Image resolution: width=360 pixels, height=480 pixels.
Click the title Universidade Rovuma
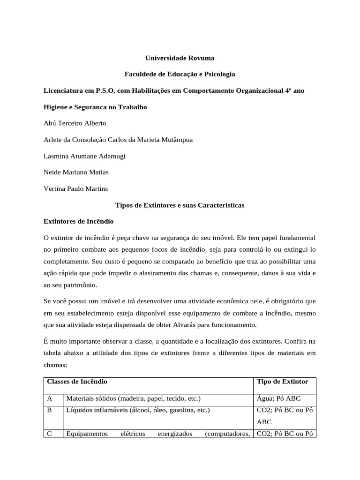[x=180, y=59]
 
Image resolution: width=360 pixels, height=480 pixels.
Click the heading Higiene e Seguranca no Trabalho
[x=95, y=107]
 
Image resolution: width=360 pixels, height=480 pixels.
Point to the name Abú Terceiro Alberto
[x=75, y=123]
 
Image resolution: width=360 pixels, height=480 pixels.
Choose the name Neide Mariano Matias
[x=76, y=172]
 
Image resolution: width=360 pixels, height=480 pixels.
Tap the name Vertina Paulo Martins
[x=75, y=188]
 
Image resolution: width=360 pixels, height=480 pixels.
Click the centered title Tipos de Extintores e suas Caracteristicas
[x=180, y=205]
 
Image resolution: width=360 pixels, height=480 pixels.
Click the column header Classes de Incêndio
[x=77, y=382]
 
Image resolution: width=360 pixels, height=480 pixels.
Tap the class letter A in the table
[x=50, y=399]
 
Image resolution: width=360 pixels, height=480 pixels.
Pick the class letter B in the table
[x=50, y=410]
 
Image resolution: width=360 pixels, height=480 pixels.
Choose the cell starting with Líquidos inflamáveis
[x=138, y=410]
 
